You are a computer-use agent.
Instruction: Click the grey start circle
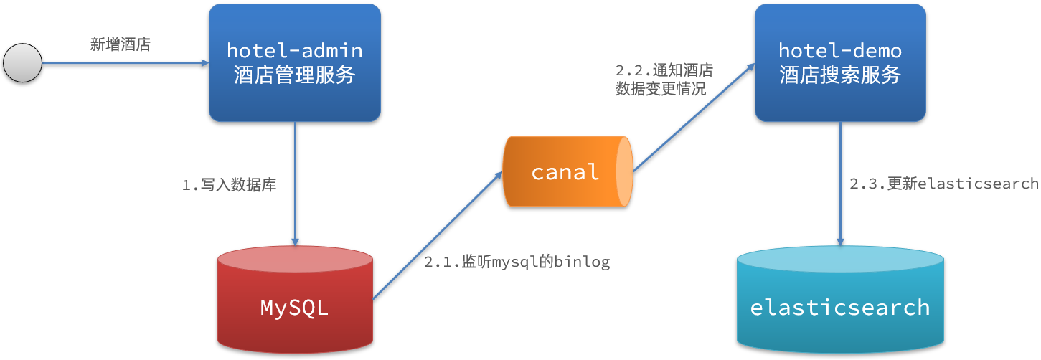(23, 63)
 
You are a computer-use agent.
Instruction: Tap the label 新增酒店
(121, 44)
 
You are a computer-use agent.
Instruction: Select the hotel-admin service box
(295, 62)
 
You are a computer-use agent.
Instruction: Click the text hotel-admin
(295, 50)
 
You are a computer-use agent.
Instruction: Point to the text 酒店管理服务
(295, 75)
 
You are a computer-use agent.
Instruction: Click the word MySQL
(294, 308)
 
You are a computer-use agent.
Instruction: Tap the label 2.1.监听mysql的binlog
(517, 262)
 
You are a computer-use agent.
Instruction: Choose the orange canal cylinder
(567, 172)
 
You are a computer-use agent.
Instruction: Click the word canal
(565, 172)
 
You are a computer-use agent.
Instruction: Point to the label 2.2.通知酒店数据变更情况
(664, 80)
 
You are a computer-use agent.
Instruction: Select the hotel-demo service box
(840, 62)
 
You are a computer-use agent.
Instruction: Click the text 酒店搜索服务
(840, 75)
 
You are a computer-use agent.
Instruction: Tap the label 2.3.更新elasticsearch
(944, 184)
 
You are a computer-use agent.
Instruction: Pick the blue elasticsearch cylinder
(840, 301)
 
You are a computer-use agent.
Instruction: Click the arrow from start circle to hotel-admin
(126, 63)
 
